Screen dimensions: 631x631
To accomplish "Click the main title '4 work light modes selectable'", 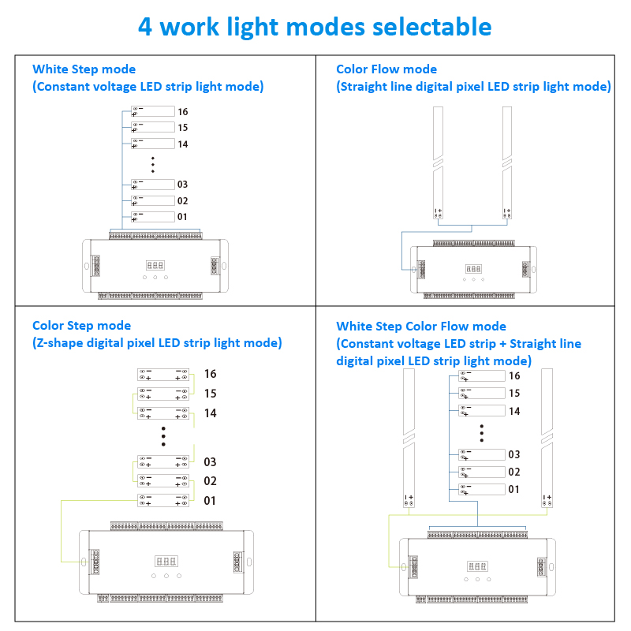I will tap(315, 26).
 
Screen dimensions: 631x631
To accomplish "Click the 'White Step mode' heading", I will tap(84, 69).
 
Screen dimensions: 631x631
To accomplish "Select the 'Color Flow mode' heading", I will tap(386, 69).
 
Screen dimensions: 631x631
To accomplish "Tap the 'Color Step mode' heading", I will tap(81, 325).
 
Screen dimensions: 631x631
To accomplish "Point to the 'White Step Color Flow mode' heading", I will tap(421, 326).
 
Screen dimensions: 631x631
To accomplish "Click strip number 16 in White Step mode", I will tap(183, 111).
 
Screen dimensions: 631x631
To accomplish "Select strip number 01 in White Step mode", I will tap(183, 216).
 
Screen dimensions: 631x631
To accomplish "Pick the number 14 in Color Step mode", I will tap(210, 413).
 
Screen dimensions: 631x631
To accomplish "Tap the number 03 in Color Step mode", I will tap(210, 462).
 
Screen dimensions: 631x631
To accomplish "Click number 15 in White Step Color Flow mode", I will tap(514, 393).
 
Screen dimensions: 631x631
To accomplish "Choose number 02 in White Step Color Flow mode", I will tap(514, 472).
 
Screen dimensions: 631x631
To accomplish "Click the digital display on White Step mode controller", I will tap(155, 266).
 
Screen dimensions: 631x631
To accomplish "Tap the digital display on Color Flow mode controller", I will tap(473, 268).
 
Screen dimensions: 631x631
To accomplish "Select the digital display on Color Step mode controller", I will tap(166, 562).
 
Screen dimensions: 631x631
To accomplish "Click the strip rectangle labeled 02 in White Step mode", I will tap(153, 200).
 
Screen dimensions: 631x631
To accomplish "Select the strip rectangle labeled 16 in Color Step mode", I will tap(164, 374).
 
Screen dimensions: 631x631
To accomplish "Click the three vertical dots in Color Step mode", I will tap(163, 436).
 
